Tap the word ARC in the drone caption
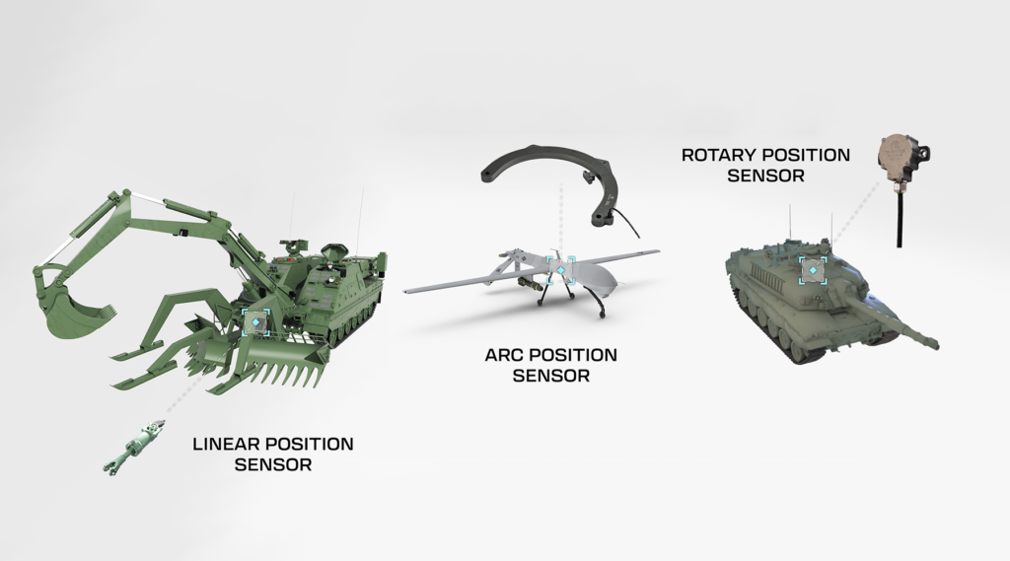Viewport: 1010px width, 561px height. point(504,355)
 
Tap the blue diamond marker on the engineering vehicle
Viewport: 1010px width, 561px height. point(254,322)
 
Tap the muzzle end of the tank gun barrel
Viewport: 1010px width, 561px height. point(931,344)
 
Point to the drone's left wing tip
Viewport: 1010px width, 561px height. point(409,291)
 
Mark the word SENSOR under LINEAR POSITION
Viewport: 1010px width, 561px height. point(273,464)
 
